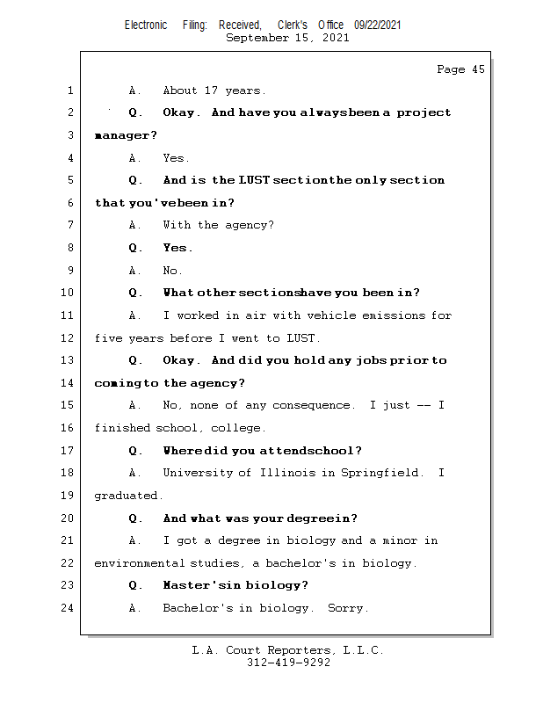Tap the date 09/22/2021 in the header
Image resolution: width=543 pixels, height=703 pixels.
pos(378,25)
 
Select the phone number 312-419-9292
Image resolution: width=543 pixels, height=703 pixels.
pos(288,663)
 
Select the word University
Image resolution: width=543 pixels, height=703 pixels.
pos(198,473)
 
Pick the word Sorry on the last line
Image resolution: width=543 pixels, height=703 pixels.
pos(348,608)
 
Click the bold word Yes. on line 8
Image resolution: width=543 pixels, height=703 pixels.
pos(177,248)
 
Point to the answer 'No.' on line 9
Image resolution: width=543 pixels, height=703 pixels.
pos(172,271)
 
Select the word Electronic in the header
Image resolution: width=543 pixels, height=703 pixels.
pos(146,25)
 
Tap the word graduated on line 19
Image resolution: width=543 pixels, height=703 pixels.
pos(128,496)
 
